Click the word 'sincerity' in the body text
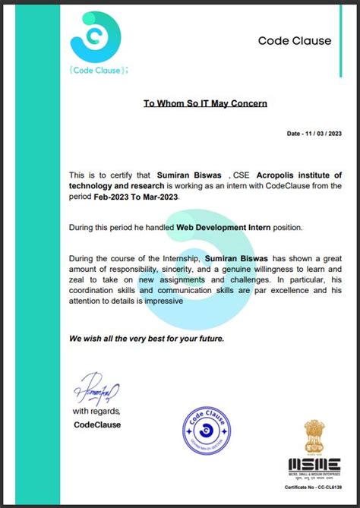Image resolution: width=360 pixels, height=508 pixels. pyautogui.click(x=196, y=270)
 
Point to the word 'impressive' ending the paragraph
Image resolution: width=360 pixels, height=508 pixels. pyautogui.click(x=160, y=301)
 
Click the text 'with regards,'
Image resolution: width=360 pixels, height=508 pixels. pyautogui.click(x=96, y=412)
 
